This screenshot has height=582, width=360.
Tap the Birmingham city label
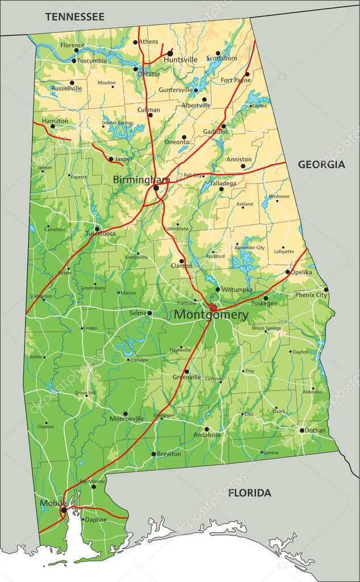point(141,180)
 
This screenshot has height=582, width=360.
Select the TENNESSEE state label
point(75,16)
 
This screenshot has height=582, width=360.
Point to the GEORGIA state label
point(321,164)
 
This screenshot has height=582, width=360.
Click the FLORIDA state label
point(250,493)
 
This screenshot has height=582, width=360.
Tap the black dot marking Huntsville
point(170,53)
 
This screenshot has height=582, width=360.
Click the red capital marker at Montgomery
point(213,308)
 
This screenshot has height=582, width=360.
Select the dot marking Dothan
point(302,430)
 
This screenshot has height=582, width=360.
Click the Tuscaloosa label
point(100,234)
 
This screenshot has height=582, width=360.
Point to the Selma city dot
point(150,313)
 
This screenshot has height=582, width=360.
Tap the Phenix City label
point(311,295)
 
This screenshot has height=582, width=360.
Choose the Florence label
point(72,45)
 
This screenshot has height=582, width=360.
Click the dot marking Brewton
point(153,454)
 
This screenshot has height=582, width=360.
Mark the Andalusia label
point(206,435)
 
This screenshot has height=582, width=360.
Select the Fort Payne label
point(235,80)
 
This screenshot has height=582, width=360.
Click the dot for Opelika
point(287,272)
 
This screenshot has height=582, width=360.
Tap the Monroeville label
point(126,419)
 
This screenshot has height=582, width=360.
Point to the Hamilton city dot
point(52,126)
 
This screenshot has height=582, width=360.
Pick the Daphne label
point(96,519)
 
